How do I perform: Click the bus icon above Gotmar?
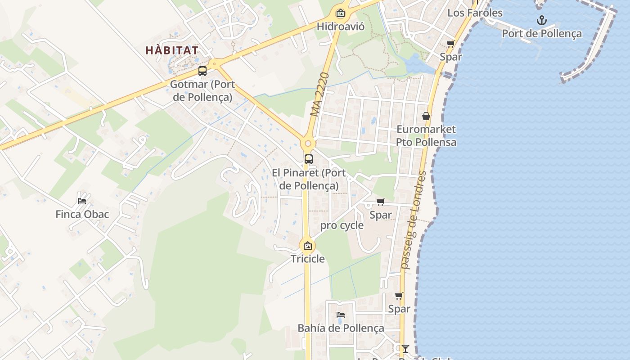tap(202, 71)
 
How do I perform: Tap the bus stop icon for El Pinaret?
tap(308, 159)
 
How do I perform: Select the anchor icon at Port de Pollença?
tap(542, 20)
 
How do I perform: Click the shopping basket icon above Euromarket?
tap(426, 116)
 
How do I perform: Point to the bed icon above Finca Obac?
tap(82, 201)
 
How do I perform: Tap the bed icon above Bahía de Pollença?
tap(341, 315)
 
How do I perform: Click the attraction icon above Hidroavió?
tap(341, 13)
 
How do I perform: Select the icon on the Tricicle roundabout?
tap(308, 246)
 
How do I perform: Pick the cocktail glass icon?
tap(405, 348)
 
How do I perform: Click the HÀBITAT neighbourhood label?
tap(172, 50)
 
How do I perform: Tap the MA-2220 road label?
tap(320, 94)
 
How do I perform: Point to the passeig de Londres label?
tap(414, 220)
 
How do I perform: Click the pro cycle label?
tap(342, 225)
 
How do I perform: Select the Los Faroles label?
tap(475, 13)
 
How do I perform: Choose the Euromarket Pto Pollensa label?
tap(426, 136)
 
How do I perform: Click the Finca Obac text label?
tap(82, 214)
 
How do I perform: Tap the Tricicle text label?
tap(308, 259)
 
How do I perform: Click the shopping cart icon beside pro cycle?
tap(381, 202)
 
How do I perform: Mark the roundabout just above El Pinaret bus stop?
tap(308, 144)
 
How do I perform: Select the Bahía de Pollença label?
tap(341, 328)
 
